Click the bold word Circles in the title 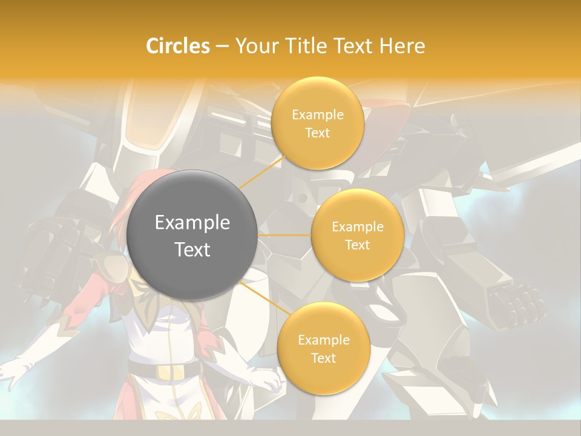[177, 46]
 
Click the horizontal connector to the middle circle [284, 235]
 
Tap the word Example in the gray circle [192, 223]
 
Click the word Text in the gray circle [192, 249]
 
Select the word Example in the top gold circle [317, 115]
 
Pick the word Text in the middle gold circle [358, 245]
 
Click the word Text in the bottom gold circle [323, 358]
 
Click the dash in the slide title [222, 47]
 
